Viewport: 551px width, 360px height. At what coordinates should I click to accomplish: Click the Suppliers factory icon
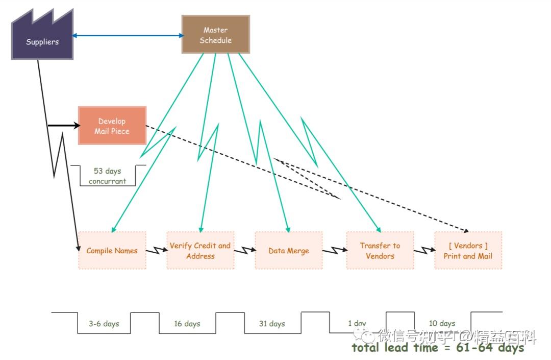pyautogui.click(x=42, y=41)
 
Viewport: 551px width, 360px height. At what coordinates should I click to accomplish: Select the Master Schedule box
pyautogui.click(x=215, y=35)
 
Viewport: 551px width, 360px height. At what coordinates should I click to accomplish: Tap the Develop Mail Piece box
pyautogui.click(x=112, y=126)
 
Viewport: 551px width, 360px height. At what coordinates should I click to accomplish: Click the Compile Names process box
pyautogui.click(x=112, y=250)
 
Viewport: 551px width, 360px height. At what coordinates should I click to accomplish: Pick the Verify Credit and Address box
pyautogui.click(x=200, y=250)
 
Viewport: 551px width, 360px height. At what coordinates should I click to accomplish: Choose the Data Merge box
pyautogui.click(x=288, y=250)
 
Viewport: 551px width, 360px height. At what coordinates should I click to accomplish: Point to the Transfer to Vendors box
pyautogui.click(x=380, y=250)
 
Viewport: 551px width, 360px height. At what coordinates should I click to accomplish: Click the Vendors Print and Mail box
pyautogui.click(x=468, y=250)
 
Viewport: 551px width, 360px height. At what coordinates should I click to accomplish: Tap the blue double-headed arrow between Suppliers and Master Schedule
pyautogui.click(x=128, y=35)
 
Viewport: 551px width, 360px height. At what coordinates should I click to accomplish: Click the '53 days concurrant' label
pyautogui.click(x=107, y=176)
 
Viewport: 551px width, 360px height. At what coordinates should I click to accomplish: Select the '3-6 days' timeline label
pyautogui.click(x=104, y=324)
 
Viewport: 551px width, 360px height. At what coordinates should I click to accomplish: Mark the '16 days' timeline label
pyautogui.click(x=187, y=324)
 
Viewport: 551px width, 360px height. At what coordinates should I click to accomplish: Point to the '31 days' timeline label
pyautogui.click(x=271, y=324)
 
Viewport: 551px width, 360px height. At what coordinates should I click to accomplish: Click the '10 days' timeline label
pyautogui.click(x=442, y=323)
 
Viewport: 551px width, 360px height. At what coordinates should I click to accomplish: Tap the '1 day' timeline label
pyautogui.click(x=357, y=323)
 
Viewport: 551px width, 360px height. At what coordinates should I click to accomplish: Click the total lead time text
pyautogui.click(x=438, y=348)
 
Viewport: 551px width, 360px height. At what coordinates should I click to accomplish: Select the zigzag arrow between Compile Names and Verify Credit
pyautogui.click(x=157, y=251)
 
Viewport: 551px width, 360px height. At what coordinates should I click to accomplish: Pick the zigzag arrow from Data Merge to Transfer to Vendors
pyautogui.click(x=334, y=251)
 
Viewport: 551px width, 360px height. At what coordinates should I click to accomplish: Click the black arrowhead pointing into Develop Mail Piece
pyautogui.click(x=77, y=126)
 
